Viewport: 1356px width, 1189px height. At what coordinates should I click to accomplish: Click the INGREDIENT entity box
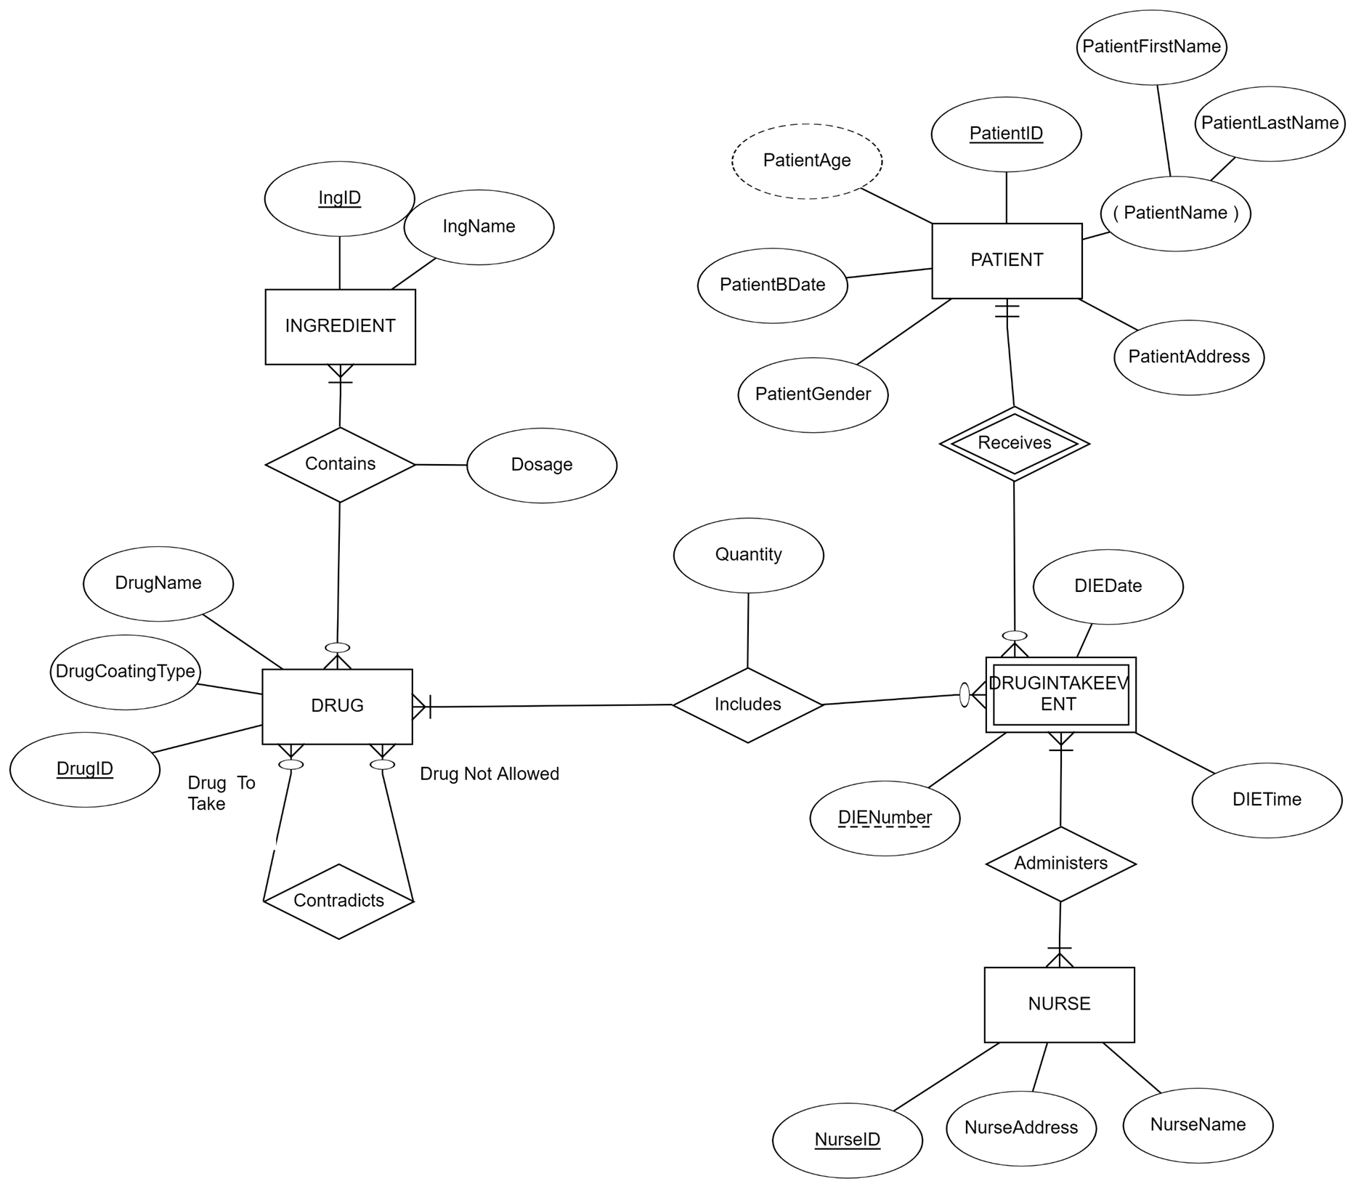coord(340,326)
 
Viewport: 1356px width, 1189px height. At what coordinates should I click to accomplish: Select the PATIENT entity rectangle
coord(1006,260)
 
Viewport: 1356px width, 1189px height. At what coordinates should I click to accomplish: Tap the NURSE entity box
coord(1059,1004)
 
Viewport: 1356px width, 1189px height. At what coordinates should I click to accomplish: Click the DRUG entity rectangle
coord(337,705)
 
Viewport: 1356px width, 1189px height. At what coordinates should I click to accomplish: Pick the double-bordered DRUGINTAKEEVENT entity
coord(1060,694)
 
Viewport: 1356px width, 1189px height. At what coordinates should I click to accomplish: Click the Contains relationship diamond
coord(340,464)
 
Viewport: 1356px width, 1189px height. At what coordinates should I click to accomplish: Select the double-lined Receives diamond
coord(1014,443)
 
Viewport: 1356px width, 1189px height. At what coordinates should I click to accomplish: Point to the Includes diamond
coord(747,705)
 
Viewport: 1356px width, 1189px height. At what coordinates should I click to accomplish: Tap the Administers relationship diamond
coord(1060,864)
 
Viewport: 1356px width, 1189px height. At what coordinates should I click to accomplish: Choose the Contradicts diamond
coord(338,901)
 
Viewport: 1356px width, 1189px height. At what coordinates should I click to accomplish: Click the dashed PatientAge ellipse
coord(806,161)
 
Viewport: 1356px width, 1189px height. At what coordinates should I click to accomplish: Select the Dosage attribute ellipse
coord(542,465)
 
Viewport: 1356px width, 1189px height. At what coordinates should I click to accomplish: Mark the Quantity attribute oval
coord(748,555)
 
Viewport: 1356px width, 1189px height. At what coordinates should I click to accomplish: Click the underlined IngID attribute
coord(339,198)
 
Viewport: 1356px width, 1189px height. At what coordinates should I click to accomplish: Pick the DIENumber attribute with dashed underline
coord(885,818)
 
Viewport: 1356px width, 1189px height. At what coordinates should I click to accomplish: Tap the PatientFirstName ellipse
coord(1151,47)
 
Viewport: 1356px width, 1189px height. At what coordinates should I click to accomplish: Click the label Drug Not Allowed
coord(490,774)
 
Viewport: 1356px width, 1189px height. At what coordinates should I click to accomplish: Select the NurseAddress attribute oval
coord(1020,1127)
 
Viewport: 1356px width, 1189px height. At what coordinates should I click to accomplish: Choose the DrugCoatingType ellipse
coord(125,672)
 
